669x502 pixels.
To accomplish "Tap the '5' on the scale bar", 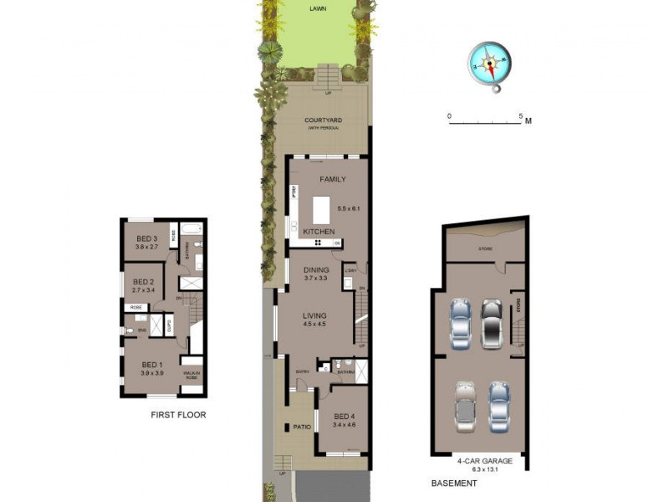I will (x=520, y=115).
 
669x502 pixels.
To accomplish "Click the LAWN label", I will (x=318, y=9).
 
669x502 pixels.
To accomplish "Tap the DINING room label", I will (x=316, y=270).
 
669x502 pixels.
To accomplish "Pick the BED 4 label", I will (x=344, y=416).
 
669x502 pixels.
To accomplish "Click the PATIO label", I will (x=302, y=428).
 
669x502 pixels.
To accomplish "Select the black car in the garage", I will (x=491, y=322).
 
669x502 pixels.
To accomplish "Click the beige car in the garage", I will (x=465, y=406).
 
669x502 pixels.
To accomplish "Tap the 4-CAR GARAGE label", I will (x=478, y=460).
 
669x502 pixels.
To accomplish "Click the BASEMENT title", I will (x=454, y=484).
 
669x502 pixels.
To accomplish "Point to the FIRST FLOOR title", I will (x=178, y=415).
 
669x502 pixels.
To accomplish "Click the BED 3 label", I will (x=147, y=239).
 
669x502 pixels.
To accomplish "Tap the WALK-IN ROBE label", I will (x=192, y=375).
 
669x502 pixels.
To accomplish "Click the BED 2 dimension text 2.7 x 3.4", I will (x=144, y=290).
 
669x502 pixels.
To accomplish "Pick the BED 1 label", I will (x=151, y=365).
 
